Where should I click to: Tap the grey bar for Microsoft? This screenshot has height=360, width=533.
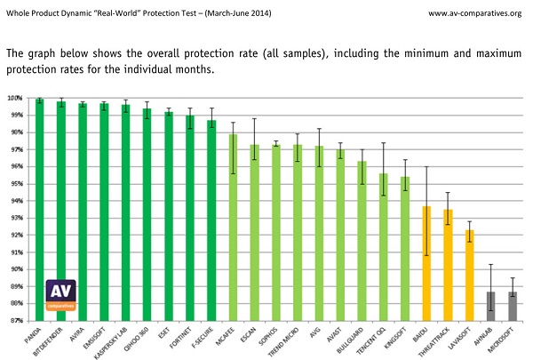(x=513, y=306)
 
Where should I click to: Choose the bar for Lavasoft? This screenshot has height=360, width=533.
(x=469, y=275)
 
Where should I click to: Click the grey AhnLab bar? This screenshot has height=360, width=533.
(x=491, y=306)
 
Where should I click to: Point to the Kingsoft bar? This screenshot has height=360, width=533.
(x=405, y=248)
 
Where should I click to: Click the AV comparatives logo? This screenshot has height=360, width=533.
(x=61, y=294)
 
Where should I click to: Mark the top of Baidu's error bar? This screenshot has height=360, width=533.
(x=426, y=167)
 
